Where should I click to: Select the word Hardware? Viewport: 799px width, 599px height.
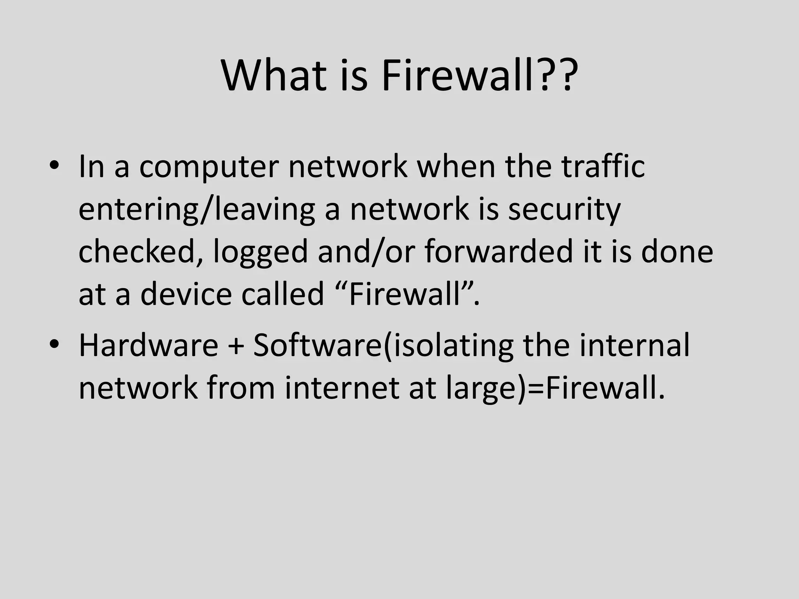tap(148, 345)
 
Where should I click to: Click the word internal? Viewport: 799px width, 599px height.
tap(634, 345)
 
